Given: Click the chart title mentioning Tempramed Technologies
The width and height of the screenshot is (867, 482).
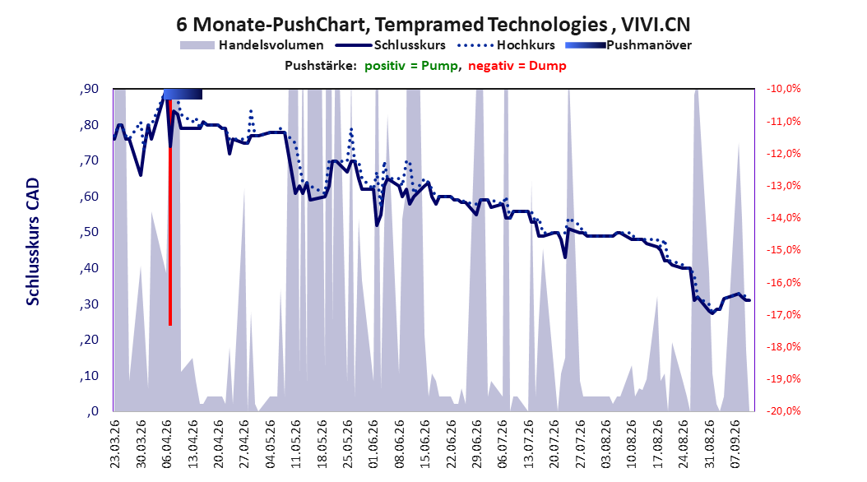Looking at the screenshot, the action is click(x=433, y=25).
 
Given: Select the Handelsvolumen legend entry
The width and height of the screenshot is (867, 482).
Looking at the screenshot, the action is click(x=252, y=45).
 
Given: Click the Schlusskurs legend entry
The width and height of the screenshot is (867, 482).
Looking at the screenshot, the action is click(x=391, y=45).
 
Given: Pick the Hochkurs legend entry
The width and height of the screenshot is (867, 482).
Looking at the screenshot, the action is click(x=506, y=45).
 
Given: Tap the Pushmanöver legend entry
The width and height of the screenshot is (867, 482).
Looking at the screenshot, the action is click(x=628, y=45).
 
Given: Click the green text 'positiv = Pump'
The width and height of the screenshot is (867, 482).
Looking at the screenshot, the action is click(x=411, y=66).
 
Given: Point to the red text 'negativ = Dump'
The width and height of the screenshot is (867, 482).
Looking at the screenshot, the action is click(x=517, y=66).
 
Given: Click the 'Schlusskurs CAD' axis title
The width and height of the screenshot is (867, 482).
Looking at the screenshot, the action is click(x=33, y=242).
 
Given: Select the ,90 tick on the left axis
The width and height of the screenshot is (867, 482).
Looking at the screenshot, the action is click(x=89, y=89).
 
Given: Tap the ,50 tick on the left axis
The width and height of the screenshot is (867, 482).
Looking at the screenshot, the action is click(x=89, y=232).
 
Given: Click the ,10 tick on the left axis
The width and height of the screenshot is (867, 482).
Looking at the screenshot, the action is click(x=89, y=375).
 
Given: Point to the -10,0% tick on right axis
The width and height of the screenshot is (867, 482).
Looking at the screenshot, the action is click(x=783, y=89).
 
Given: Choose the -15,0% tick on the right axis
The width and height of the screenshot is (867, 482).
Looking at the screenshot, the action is click(x=783, y=250).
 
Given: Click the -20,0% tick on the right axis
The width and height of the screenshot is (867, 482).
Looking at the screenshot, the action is click(x=783, y=410).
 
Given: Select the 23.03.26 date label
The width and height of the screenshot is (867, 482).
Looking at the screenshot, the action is click(x=114, y=444).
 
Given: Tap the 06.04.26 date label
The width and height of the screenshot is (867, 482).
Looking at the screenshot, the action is click(x=166, y=444).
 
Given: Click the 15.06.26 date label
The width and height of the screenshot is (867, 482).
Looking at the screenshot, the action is click(x=424, y=444).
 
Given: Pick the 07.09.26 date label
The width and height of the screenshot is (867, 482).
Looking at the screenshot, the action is click(x=735, y=444).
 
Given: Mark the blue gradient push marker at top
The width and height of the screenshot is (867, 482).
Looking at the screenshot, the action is click(x=183, y=94).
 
